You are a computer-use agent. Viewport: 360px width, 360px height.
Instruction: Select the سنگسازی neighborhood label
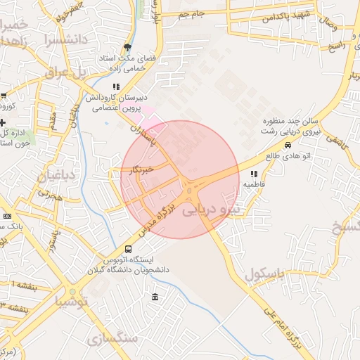pos(112,338)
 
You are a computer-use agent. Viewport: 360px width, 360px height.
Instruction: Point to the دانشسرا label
pos(64,39)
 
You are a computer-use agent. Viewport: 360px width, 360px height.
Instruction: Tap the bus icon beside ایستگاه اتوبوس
pos(128,249)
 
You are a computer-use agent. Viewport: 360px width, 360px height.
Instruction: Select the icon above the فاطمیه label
pos(253,174)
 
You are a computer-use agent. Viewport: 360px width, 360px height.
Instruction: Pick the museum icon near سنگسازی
pos(155,297)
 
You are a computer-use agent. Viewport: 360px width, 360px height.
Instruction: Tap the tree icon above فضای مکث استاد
pos(127,45)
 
